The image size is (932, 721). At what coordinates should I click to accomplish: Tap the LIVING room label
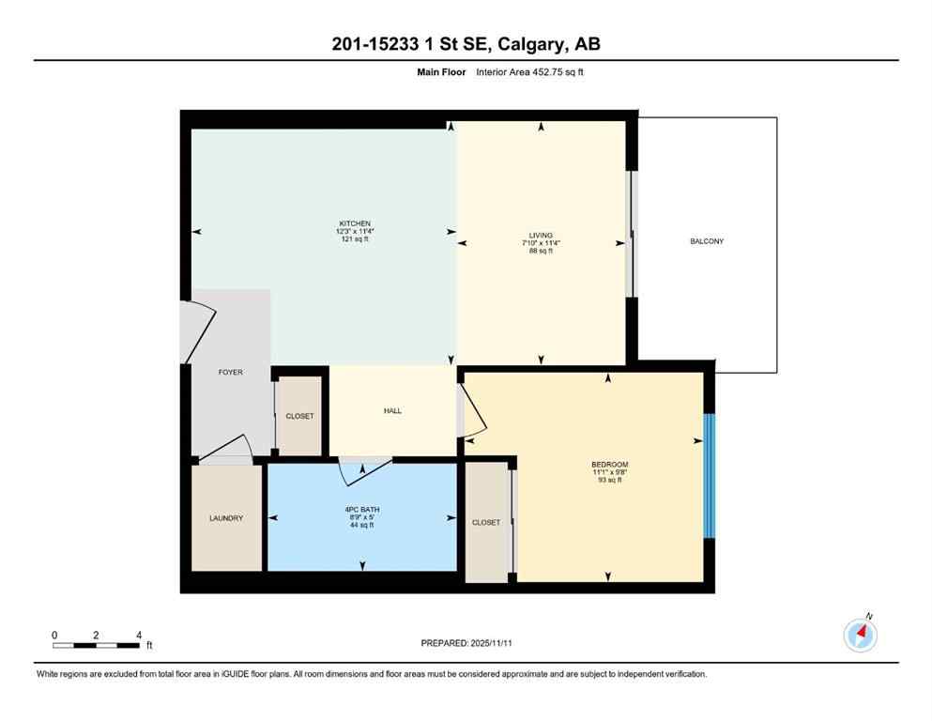pyautogui.click(x=540, y=236)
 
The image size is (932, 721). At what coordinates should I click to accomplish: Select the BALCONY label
pyautogui.click(x=707, y=241)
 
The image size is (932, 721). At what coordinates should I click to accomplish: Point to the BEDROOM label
pyautogui.click(x=609, y=465)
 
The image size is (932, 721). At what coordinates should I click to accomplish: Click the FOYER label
pyautogui.click(x=230, y=373)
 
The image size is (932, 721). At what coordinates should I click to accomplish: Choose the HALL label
pyautogui.click(x=392, y=410)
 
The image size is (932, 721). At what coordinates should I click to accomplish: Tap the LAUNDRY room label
pyautogui.click(x=226, y=518)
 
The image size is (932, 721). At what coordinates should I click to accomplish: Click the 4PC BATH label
pyautogui.click(x=361, y=510)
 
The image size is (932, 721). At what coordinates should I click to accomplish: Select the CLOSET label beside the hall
pyautogui.click(x=299, y=416)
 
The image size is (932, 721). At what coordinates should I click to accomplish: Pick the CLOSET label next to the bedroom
pyautogui.click(x=486, y=522)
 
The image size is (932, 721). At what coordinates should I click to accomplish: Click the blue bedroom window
pyautogui.click(x=710, y=476)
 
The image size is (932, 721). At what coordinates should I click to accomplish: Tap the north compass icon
pyautogui.click(x=861, y=635)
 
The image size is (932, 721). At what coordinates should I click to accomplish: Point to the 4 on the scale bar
pyautogui.click(x=139, y=635)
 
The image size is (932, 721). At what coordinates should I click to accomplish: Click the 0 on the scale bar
pyautogui.click(x=54, y=635)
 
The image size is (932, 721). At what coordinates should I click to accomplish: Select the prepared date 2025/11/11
pyautogui.click(x=496, y=643)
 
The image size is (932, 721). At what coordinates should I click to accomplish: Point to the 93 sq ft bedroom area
pyautogui.click(x=609, y=480)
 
